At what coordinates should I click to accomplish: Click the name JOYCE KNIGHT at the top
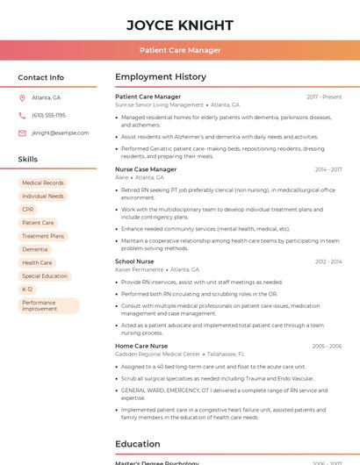point(180,25)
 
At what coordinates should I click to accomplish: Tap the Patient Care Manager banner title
point(180,50)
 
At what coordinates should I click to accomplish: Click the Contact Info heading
point(40,77)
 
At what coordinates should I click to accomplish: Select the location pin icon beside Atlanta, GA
point(22,97)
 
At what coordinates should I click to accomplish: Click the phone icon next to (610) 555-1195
point(22,115)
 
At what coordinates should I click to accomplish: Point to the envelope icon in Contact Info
point(22,132)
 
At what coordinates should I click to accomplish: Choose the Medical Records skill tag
point(42,182)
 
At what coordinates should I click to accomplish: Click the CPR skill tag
point(28,210)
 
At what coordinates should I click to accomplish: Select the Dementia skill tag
point(35,249)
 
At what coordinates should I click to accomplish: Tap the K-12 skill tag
point(27,289)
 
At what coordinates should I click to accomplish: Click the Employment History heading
point(161,77)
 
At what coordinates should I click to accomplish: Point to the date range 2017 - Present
point(324,97)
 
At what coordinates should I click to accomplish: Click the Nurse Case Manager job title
point(146,169)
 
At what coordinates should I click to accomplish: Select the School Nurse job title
point(134,261)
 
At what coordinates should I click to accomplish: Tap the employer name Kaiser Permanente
point(139,269)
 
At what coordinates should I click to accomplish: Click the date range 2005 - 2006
point(327,347)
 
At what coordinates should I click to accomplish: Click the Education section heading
point(137,444)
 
